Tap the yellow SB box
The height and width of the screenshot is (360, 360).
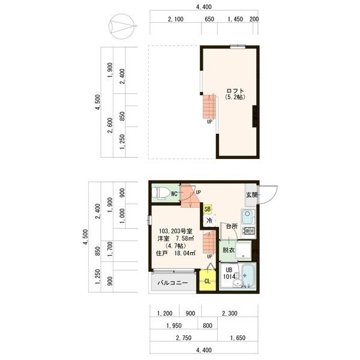point(208,209)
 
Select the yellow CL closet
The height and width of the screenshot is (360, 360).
point(208,281)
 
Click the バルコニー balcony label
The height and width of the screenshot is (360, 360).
point(173,283)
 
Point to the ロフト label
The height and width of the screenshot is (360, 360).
point(235,91)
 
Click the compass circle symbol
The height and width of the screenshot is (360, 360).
point(121,26)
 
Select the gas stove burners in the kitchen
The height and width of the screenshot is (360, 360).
point(248,230)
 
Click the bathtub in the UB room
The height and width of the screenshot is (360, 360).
point(248,275)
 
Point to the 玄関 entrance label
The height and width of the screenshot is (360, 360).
point(251,195)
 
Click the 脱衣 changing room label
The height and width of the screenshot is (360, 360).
point(229,250)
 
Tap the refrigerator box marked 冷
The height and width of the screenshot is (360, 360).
point(209,220)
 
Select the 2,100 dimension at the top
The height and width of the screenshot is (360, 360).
point(176,19)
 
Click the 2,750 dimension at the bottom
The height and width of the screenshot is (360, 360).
point(184,338)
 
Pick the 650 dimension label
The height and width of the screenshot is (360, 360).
point(209,19)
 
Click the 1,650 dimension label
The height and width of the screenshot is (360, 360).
point(238,338)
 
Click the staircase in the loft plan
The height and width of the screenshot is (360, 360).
point(209,107)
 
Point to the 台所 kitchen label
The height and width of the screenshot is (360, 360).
point(232,226)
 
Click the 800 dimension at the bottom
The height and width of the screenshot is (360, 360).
point(208,326)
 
